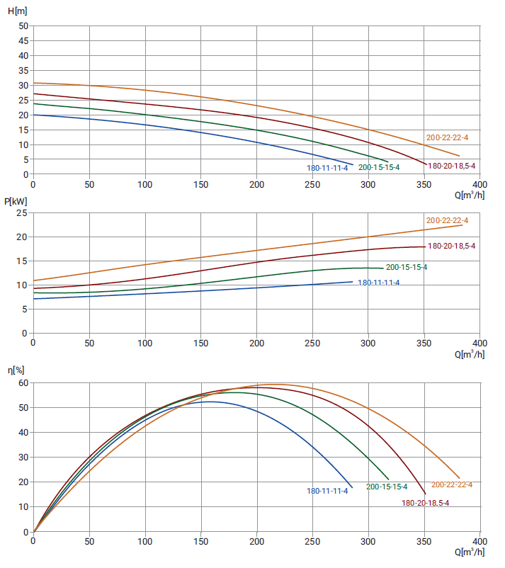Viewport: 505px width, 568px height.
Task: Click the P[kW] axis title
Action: [x=16, y=201]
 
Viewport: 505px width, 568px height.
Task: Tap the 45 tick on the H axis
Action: [x=23, y=40]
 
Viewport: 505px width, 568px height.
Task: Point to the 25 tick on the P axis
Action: [x=23, y=213]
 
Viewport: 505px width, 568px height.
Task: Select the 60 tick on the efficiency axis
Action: [x=23, y=383]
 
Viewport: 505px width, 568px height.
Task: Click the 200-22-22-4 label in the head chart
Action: [x=447, y=137]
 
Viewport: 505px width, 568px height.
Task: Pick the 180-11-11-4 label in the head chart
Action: [x=327, y=168]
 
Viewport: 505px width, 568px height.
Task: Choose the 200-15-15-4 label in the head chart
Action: [x=379, y=167]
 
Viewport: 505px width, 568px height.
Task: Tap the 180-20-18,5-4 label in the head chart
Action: [x=452, y=166]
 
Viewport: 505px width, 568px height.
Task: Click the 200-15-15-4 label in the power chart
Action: [x=407, y=267]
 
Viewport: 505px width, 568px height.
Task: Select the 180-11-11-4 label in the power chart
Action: [x=379, y=283]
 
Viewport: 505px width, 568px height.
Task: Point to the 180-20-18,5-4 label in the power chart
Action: [x=452, y=246]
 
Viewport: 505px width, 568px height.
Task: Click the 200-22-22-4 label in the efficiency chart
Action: [x=451, y=484]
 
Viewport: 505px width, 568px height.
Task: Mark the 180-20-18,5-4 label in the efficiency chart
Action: [x=426, y=503]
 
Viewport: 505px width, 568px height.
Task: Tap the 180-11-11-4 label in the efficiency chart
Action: [x=327, y=491]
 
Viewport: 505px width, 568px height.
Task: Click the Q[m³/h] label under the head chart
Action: [x=470, y=195]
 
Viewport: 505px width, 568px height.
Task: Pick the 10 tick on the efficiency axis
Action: [x=23, y=507]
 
